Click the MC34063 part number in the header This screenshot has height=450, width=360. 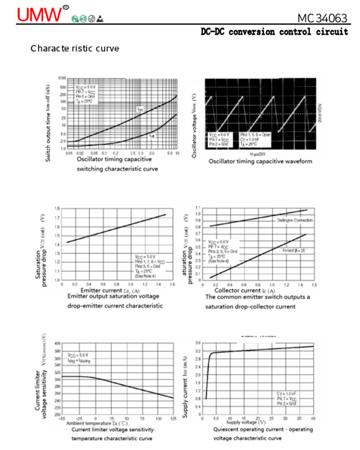click(x=322, y=18)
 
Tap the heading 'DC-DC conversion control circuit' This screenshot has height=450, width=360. click(x=274, y=32)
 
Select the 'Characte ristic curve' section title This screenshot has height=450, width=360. click(x=75, y=48)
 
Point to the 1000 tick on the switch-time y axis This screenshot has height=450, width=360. click(x=62, y=78)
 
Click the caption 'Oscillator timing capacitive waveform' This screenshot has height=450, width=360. click(x=260, y=162)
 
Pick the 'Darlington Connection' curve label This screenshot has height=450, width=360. click(x=294, y=220)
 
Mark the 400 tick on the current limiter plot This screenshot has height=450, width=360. click(x=57, y=343)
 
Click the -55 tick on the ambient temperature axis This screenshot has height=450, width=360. click(x=62, y=418)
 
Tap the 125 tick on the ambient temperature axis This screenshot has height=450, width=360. click(x=173, y=418)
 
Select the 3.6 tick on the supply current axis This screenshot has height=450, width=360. click(x=198, y=343)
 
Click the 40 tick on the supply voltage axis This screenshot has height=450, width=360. click(x=313, y=418)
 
